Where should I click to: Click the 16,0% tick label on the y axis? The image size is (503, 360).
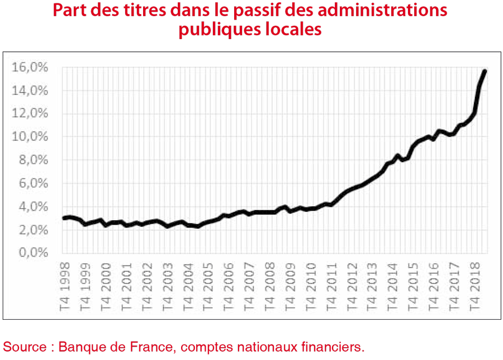[x=30, y=68]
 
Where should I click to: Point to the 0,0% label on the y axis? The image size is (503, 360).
[x=34, y=253]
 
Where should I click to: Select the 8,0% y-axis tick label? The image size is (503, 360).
[x=34, y=160]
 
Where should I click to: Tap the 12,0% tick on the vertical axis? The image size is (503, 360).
[x=30, y=113]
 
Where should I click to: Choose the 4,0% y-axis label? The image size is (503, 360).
[x=34, y=206]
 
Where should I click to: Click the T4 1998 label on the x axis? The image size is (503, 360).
[x=65, y=287]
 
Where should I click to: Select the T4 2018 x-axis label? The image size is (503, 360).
[x=474, y=287]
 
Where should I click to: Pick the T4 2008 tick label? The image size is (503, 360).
[x=270, y=287]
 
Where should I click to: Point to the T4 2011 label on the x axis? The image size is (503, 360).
[x=331, y=287]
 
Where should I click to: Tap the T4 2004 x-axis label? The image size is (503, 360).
[x=188, y=287]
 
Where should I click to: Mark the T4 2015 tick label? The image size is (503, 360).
[x=413, y=287]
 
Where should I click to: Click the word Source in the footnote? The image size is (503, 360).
[x=25, y=347]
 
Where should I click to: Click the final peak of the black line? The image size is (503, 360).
[x=485, y=71]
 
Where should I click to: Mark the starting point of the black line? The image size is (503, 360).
[x=64, y=218]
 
